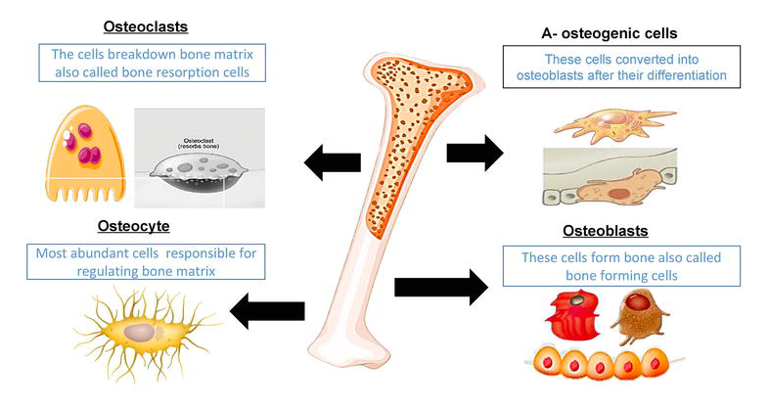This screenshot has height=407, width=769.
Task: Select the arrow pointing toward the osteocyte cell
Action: tap(267, 311)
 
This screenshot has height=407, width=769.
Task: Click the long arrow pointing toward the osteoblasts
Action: tap(440, 287)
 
